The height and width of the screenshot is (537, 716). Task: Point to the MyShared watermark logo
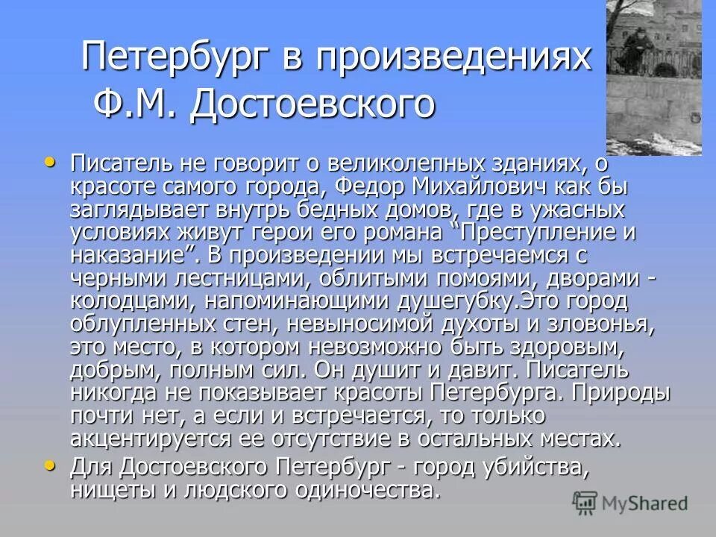click(630, 502)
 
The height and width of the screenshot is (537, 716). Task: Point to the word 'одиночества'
click(350, 492)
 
